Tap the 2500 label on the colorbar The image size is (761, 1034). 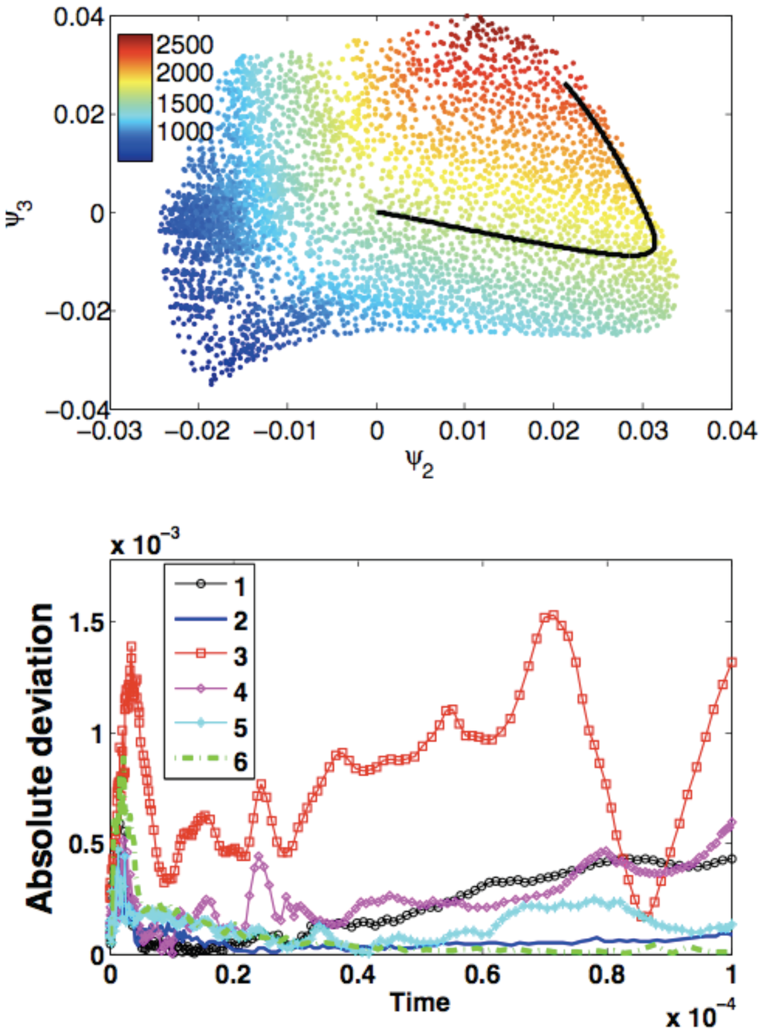[x=184, y=45]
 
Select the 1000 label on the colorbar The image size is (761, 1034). [x=184, y=132]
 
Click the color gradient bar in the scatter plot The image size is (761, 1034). [x=135, y=97]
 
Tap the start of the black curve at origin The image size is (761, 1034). [x=378, y=213]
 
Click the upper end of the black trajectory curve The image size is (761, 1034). [x=566, y=84]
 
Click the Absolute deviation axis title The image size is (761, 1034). [x=40, y=758]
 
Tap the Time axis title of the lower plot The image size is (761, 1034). [x=420, y=1002]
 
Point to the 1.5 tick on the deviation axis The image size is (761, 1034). [x=85, y=621]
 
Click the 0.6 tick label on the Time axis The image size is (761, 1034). [x=482, y=974]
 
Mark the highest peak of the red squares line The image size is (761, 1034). [x=551, y=615]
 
